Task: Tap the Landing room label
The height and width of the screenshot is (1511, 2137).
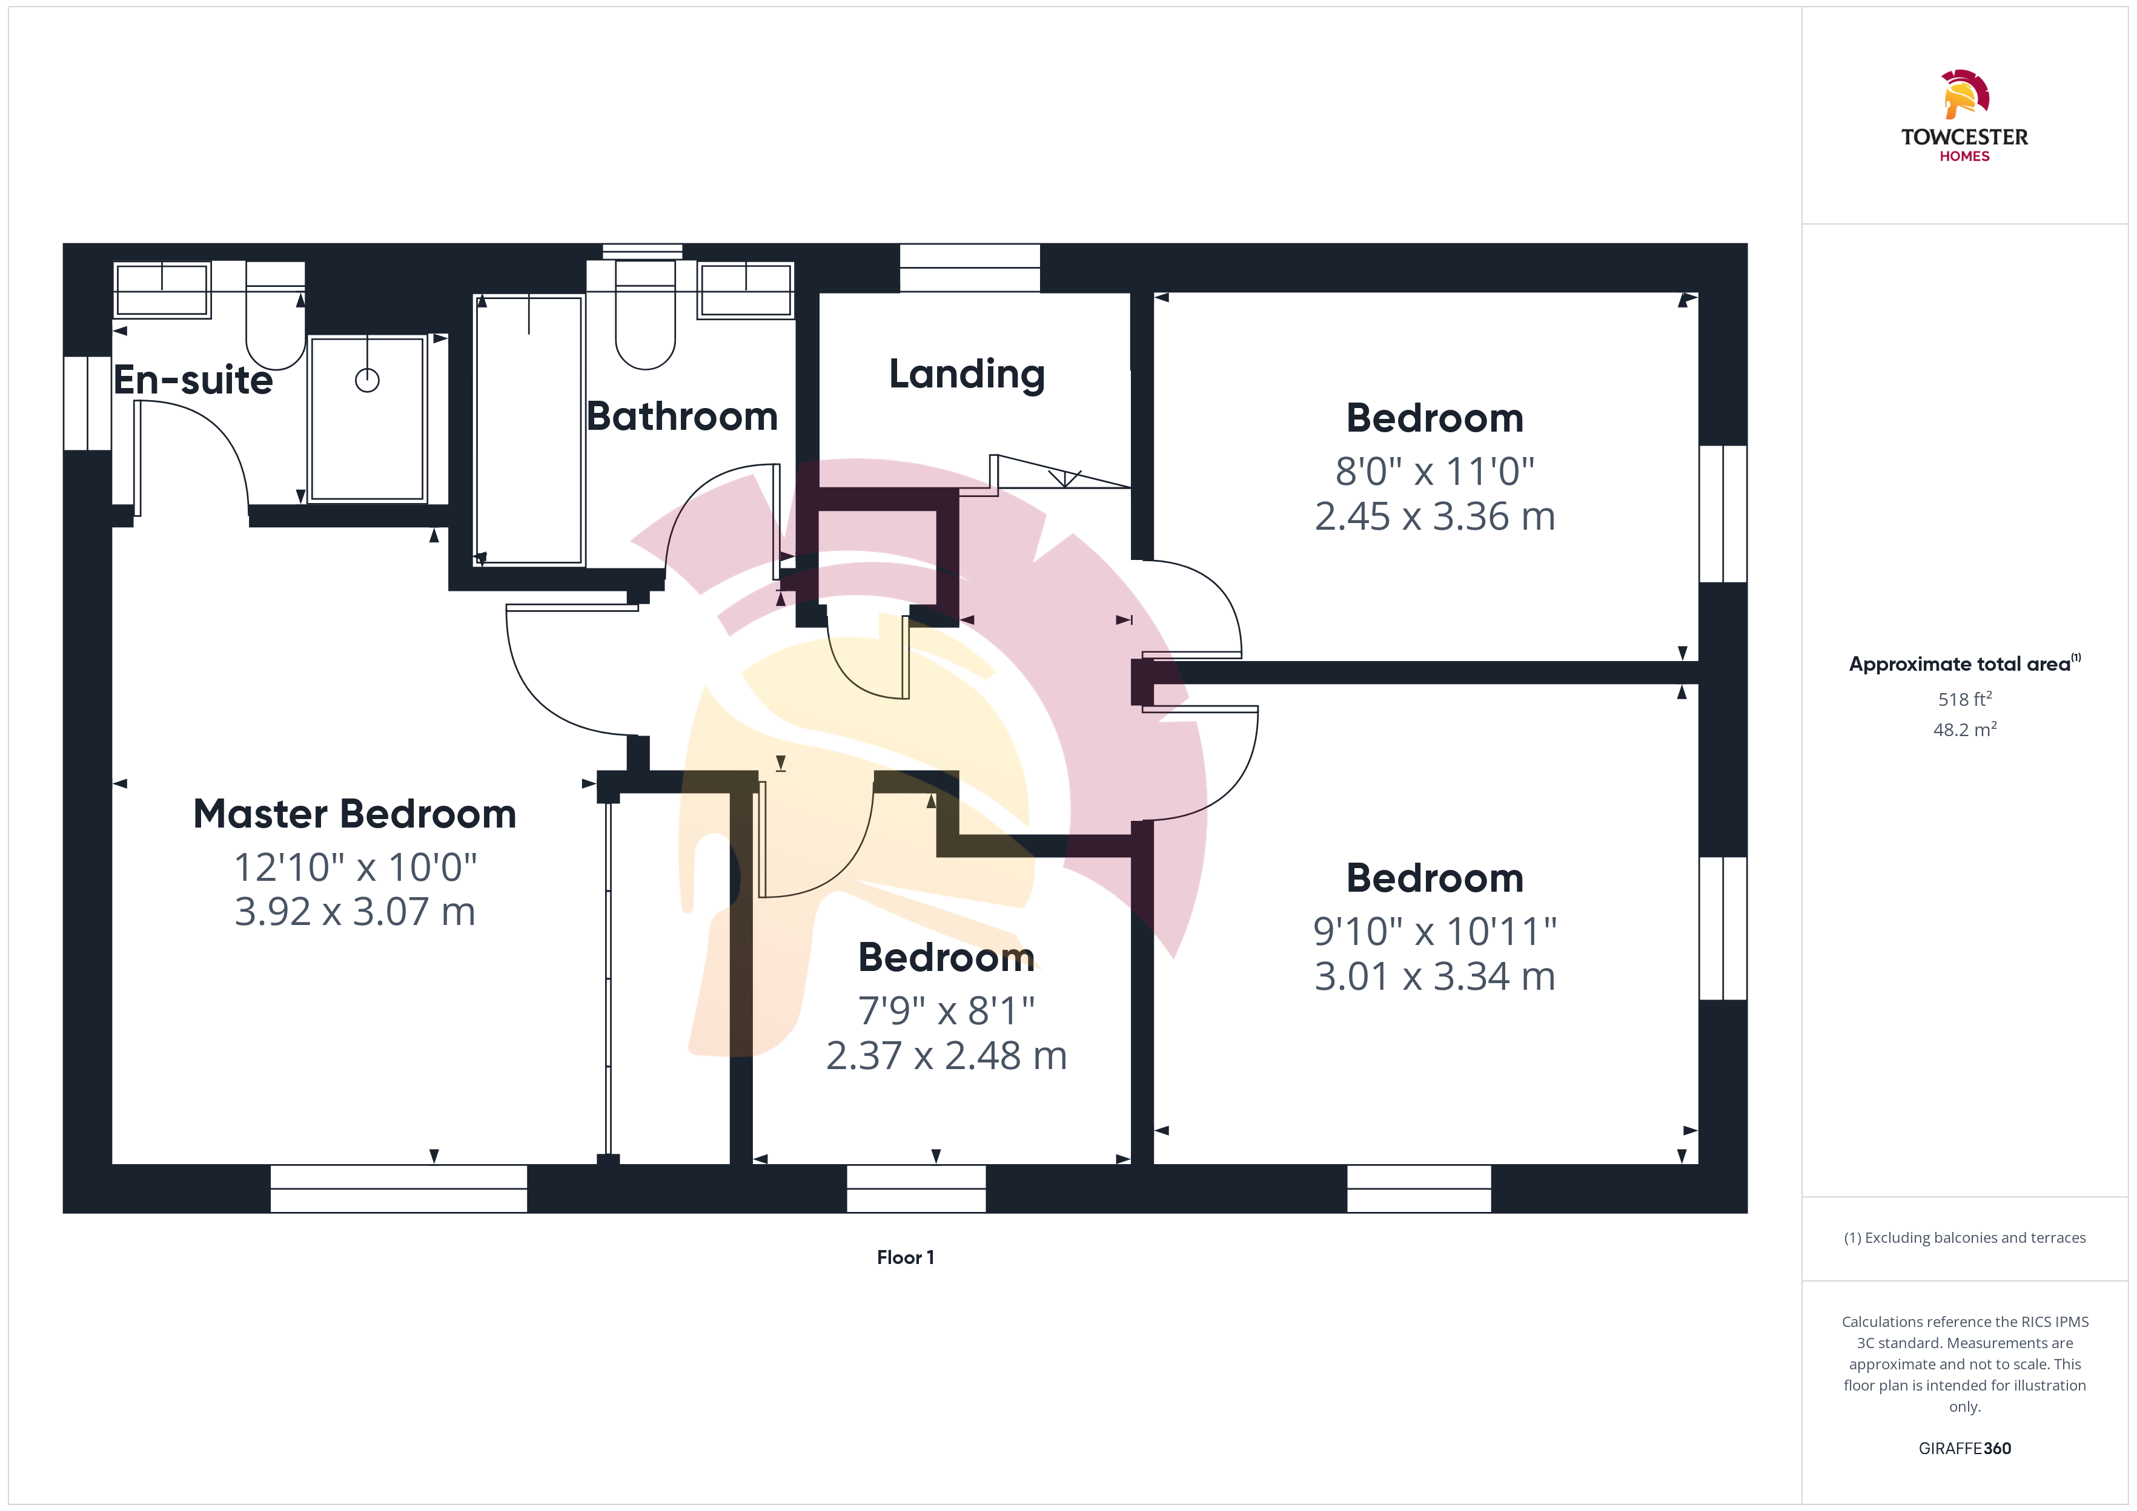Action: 967,374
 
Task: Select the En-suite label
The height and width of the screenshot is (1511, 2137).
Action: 194,380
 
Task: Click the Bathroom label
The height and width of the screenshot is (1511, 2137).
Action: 682,416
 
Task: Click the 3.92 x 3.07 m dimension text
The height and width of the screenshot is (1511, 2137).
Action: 354,912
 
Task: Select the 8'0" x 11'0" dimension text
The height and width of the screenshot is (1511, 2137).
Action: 1434,472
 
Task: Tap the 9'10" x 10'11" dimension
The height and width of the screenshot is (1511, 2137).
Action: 1434,931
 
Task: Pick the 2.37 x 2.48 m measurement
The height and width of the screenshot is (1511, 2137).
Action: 947,1056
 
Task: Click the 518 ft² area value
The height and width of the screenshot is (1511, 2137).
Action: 1965,699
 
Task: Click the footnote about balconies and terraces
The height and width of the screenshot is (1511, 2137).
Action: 1965,1237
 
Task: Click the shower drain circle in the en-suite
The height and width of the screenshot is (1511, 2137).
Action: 368,381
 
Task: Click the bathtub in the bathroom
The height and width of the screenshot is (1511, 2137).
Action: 529,430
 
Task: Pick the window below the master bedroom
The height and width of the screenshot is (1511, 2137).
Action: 399,1188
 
